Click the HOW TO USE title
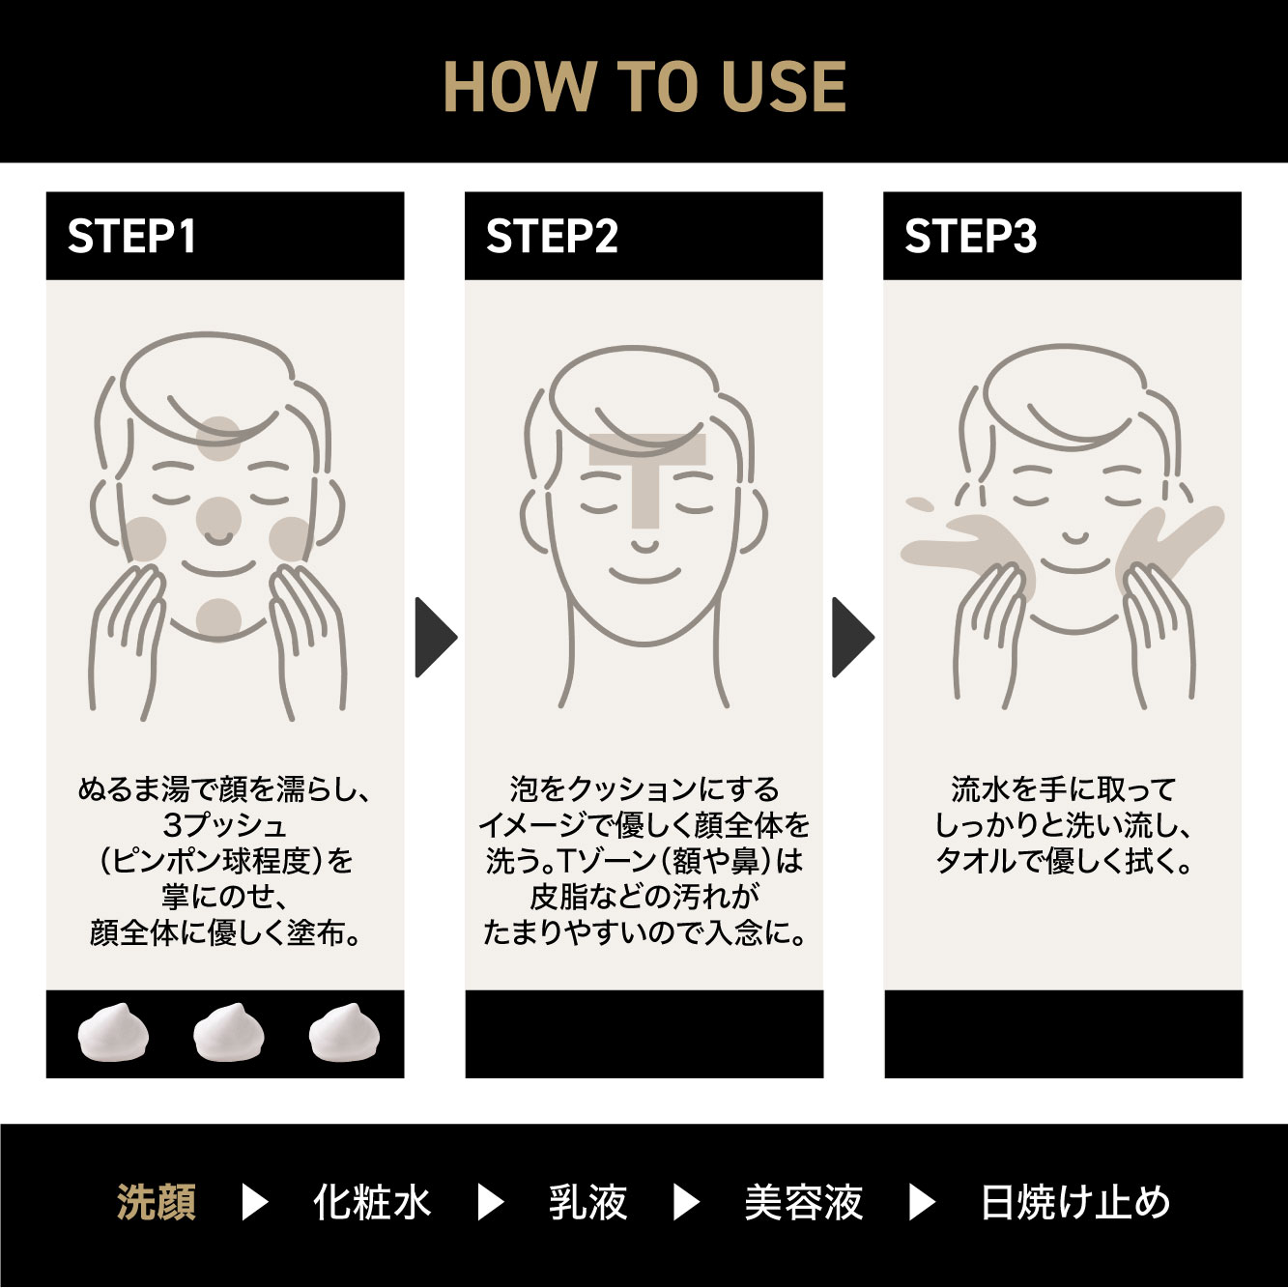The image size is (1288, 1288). (x=644, y=87)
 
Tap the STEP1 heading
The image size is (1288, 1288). (x=132, y=237)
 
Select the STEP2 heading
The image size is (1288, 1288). (x=552, y=237)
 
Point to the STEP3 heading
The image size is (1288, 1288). (x=970, y=237)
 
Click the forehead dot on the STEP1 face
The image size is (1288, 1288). (x=218, y=439)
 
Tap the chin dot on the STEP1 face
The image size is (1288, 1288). (x=218, y=619)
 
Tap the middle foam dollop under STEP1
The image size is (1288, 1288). (x=229, y=1033)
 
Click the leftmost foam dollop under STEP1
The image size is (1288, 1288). (x=113, y=1033)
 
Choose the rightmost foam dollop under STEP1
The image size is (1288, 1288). (x=345, y=1033)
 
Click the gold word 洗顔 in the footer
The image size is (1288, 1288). (x=157, y=1203)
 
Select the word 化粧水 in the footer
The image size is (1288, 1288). (x=372, y=1203)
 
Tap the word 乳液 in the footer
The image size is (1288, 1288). (x=587, y=1203)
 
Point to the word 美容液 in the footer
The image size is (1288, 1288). (x=803, y=1203)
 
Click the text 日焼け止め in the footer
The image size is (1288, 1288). (x=1075, y=1203)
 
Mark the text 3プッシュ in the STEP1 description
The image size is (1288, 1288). (x=225, y=825)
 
